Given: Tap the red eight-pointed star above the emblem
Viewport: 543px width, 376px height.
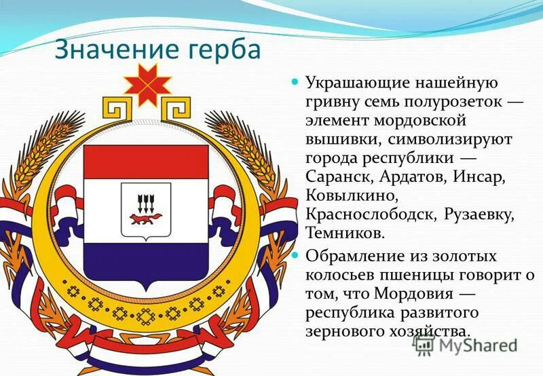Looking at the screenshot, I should [145, 84].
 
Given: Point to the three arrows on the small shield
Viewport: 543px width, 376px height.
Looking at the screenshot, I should [145, 202].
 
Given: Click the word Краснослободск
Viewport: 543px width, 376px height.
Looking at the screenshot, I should [371, 214].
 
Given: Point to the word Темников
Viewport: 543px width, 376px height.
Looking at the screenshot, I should [346, 233].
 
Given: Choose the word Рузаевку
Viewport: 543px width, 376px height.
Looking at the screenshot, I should [481, 214].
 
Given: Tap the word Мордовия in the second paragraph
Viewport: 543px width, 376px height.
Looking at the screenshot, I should [429, 295].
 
